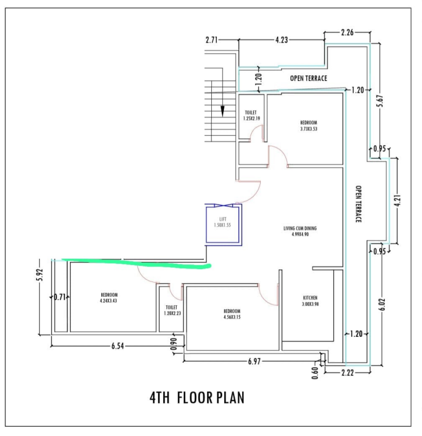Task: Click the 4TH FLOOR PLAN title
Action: point(197,398)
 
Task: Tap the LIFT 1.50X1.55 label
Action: point(223,222)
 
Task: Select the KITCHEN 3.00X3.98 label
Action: point(310,301)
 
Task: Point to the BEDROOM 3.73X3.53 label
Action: point(308,126)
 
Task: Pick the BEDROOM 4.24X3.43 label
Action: point(109,297)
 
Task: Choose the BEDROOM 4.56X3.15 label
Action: point(232,314)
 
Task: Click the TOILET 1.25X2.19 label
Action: point(251,115)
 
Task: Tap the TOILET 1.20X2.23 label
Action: point(172,310)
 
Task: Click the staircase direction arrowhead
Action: point(223,111)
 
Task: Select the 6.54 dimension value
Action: point(118,346)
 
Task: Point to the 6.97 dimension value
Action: point(254,361)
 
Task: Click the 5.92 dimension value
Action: point(40,275)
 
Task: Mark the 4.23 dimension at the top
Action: point(282,40)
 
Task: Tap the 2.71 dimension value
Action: point(211,40)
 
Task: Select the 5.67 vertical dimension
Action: point(380,101)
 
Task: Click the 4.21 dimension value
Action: point(397,201)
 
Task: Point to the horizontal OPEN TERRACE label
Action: point(308,79)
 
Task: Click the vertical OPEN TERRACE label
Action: point(359,204)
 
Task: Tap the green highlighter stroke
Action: point(137,263)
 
